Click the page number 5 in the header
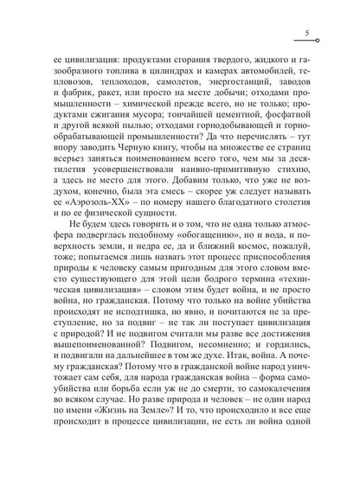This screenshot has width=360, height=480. pyautogui.click(x=308, y=33)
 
